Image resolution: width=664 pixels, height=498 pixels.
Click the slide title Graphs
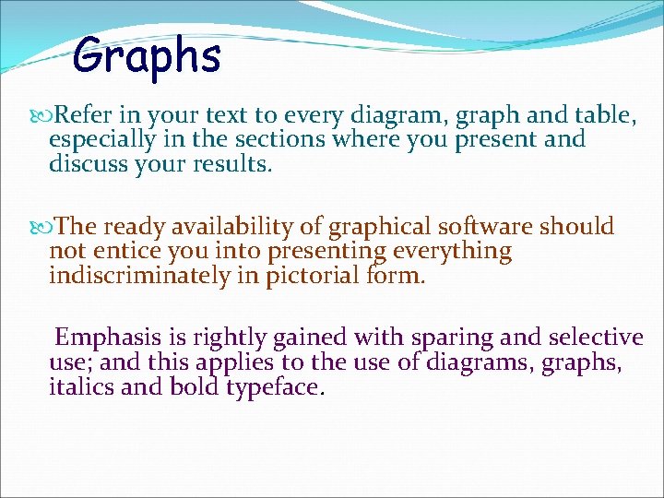[148, 55]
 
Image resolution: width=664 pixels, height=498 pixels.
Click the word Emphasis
[101, 338]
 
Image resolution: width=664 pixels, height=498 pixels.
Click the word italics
[81, 387]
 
